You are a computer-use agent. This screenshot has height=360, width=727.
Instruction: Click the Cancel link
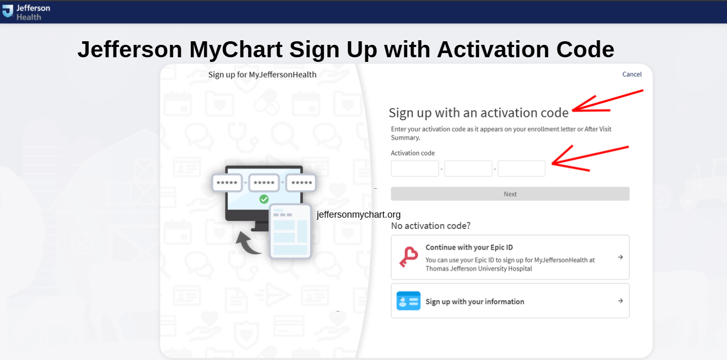pos(632,74)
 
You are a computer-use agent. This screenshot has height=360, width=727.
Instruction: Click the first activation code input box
pos(415,169)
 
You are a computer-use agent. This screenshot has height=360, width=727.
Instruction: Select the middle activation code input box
pos(468,169)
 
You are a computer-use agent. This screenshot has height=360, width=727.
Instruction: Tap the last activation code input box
pos(521,169)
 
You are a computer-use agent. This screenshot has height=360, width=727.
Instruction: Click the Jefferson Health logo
pos(26,11)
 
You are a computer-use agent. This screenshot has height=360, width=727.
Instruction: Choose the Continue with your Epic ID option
pos(510,257)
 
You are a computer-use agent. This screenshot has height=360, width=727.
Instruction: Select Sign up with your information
pos(510,301)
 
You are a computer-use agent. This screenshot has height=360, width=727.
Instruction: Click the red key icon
pos(408,257)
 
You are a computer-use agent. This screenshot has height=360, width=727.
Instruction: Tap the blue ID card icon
pos(408,301)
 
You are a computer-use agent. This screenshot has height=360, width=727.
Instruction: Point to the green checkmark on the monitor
pos(264,199)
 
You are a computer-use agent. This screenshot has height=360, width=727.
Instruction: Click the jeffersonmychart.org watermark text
pos(358,215)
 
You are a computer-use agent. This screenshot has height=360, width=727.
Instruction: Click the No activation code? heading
pos(431,226)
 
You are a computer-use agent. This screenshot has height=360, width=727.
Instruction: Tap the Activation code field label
pos(412,153)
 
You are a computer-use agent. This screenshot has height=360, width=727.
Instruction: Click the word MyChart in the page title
pos(236,50)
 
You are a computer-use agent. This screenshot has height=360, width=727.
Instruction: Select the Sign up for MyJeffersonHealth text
pos(262,75)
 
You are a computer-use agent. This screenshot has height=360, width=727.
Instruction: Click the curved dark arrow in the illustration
pos(247,242)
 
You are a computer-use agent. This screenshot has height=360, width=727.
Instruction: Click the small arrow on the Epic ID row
pos(620,257)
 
